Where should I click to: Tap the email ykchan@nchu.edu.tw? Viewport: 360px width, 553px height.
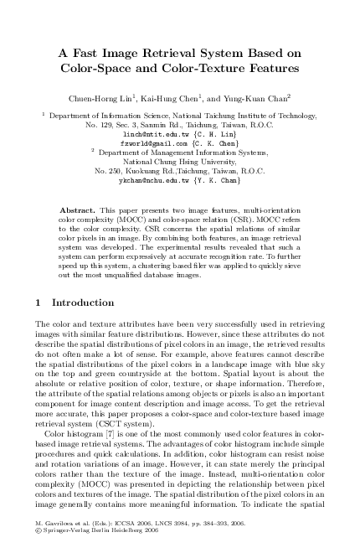point(153,180)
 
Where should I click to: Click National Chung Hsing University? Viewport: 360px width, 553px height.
point(180,162)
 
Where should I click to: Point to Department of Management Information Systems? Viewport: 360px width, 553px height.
point(187,152)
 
